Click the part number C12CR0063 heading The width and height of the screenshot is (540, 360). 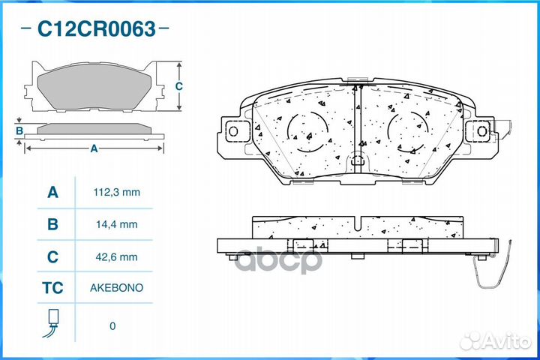point(97,28)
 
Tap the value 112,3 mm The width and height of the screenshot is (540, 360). point(117,192)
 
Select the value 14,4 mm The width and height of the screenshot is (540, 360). point(117,224)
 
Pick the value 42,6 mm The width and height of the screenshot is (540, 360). point(117,256)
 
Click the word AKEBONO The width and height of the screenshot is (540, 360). point(117,288)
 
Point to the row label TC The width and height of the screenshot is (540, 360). point(52,288)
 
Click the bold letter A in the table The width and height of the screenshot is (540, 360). point(52,192)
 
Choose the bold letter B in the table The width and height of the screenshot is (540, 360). point(52,224)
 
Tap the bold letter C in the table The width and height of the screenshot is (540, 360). point(52,256)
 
